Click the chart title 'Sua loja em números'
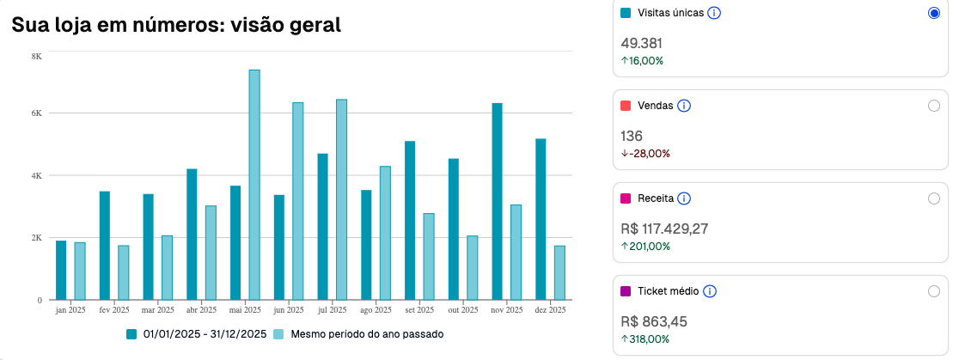176,25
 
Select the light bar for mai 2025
254,185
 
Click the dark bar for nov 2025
497,201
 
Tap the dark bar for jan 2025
61,270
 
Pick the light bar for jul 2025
341,199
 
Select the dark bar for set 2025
410,220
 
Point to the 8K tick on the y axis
37,56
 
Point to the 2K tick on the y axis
37,237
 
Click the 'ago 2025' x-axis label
376,309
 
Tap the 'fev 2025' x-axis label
114,309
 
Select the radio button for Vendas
934,106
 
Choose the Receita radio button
934,198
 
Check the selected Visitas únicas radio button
934,13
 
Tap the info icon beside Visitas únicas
713,13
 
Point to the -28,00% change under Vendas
645,153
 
